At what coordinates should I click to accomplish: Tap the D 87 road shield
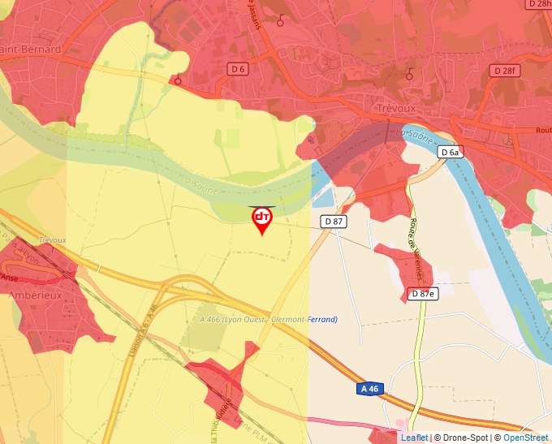tap(334, 221)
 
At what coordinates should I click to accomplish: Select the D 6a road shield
tap(451, 152)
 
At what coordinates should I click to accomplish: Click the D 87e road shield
tap(423, 294)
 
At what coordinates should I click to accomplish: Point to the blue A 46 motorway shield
tap(369, 389)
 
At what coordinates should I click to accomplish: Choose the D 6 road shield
tap(238, 70)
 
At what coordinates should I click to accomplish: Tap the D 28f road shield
tap(504, 71)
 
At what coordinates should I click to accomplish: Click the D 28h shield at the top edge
tap(538, 4)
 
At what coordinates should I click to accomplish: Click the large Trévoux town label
tap(396, 108)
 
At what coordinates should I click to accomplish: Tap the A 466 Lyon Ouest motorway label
tap(269, 320)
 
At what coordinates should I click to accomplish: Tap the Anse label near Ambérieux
tap(10, 277)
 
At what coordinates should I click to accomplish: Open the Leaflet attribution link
tap(414, 438)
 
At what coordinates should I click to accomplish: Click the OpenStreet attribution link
tap(525, 438)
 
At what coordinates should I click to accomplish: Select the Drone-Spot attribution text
tap(465, 438)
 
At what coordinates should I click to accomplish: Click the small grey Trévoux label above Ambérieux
tap(52, 241)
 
